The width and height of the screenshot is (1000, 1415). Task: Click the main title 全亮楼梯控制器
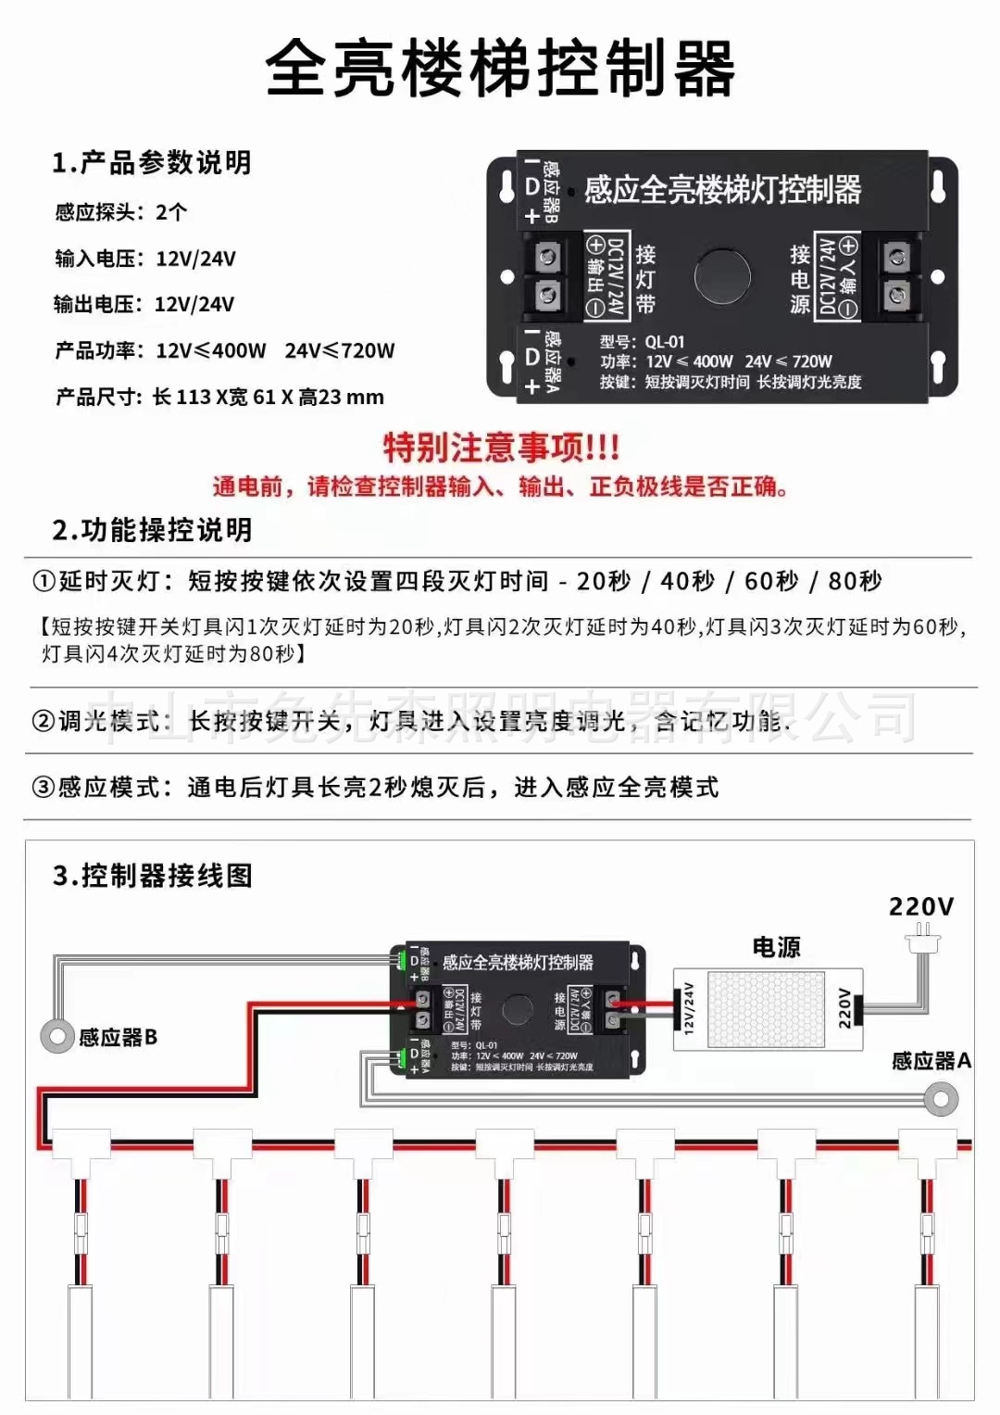(x=500, y=69)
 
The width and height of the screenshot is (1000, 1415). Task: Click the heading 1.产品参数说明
(x=152, y=163)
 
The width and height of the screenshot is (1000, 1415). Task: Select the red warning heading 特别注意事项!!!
(x=501, y=448)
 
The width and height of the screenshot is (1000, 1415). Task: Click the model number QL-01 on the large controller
(x=665, y=341)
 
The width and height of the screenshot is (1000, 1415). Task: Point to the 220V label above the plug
(x=920, y=906)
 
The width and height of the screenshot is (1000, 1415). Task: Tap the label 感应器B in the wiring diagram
(x=118, y=1038)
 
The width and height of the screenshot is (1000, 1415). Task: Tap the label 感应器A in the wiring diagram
(x=931, y=1061)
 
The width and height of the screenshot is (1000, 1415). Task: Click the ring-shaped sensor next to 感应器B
(x=57, y=1035)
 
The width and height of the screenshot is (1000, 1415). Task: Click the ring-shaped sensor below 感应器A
(x=941, y=1100)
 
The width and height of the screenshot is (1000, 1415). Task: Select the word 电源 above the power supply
(x=776, y=947)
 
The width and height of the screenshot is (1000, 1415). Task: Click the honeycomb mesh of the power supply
(x=766, y=1009)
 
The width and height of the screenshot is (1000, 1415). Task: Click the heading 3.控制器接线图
(x=153, y=876)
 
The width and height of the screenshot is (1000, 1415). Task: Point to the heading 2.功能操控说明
(x=152, y=530)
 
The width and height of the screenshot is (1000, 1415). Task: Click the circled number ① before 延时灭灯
(x=44, y=582)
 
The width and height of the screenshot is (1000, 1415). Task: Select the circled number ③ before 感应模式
(x=44, y=788)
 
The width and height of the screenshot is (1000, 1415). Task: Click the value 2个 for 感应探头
(x=171, y=212)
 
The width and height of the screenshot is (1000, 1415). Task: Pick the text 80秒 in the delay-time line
(x=855, y=582)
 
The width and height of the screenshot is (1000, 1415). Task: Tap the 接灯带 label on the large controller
(x=645, y=278)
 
